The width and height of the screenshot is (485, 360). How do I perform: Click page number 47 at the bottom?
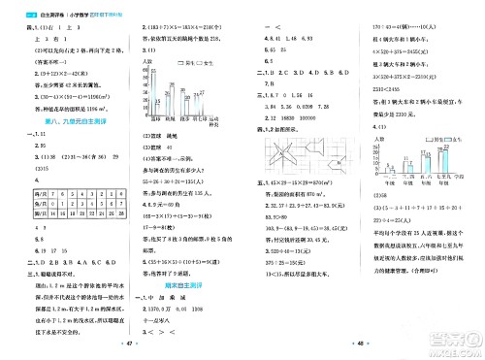[121, 344]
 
